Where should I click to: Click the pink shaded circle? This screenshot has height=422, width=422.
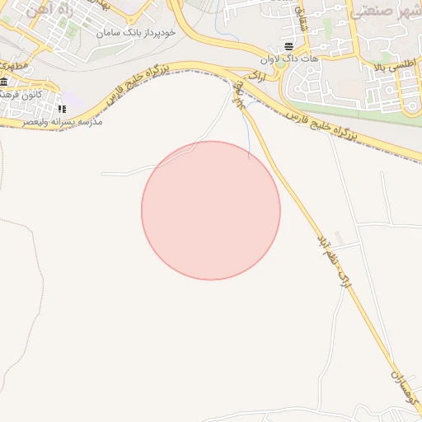point(211,210)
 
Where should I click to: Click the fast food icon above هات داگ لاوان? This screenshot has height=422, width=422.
point(288,45)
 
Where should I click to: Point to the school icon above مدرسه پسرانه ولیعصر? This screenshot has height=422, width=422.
point(61,109)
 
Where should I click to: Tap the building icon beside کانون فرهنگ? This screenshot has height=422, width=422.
point(4,82)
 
